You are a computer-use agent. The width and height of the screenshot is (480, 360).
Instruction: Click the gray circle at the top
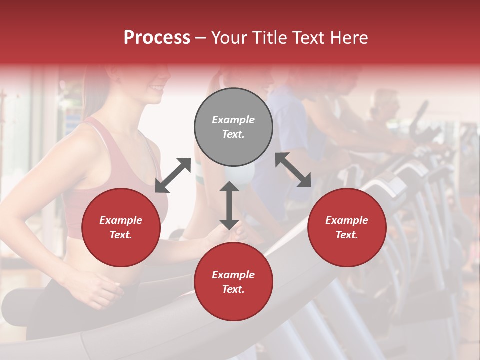tap(233, 127)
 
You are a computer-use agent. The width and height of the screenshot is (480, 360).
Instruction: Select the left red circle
tap(121, 228)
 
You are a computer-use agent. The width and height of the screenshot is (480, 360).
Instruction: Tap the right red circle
tap(347, 228)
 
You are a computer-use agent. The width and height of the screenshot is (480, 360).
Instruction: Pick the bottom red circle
tap(233, 282)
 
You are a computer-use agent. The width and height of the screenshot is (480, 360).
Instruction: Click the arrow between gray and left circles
tap(173, 175)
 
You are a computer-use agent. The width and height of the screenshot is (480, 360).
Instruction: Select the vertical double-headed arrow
tap(229, 205)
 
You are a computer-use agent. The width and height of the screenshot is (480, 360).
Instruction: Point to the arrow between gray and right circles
tap(293, 170)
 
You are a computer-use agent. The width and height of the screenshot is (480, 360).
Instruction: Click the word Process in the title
tap(157, 38)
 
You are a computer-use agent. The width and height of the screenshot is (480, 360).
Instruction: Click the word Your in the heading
tap(228, 38)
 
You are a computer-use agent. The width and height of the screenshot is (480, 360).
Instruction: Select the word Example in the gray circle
tap(233, 120)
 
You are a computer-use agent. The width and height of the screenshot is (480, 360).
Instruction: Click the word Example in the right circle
tap(347, 220)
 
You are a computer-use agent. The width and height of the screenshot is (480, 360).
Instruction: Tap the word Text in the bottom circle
tap(233, 290)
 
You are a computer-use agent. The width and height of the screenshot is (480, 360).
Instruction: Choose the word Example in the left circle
tap(121, 220)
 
